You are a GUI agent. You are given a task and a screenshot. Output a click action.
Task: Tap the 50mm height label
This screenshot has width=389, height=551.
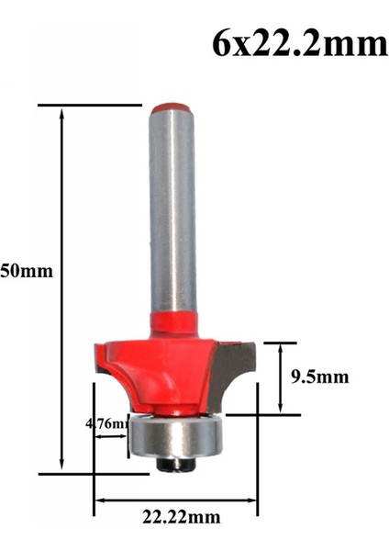click(27, 271)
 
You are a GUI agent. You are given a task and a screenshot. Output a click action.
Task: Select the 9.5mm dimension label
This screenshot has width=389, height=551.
click(322, 376)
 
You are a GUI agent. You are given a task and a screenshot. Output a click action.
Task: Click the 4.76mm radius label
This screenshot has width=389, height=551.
click(105, 423)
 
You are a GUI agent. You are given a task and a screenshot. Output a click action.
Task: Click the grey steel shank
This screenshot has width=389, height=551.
click(172, 211)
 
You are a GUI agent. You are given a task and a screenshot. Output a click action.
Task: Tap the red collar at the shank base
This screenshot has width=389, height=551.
click(172, 321)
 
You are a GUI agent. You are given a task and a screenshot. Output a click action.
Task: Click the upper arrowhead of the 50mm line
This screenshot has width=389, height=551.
click(63, 111)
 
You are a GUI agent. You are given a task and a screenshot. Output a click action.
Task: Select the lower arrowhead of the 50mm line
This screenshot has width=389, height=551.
click(63, 468)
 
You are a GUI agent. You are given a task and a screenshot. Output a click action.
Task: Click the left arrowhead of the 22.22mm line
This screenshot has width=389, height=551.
click(98, 500)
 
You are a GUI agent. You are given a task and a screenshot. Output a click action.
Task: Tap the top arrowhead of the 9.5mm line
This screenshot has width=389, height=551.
click(280, 347)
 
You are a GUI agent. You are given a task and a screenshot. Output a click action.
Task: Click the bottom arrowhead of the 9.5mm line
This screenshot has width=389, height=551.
click(280, 410)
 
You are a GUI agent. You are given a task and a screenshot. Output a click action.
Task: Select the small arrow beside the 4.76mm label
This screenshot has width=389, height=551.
click(123, 436)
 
